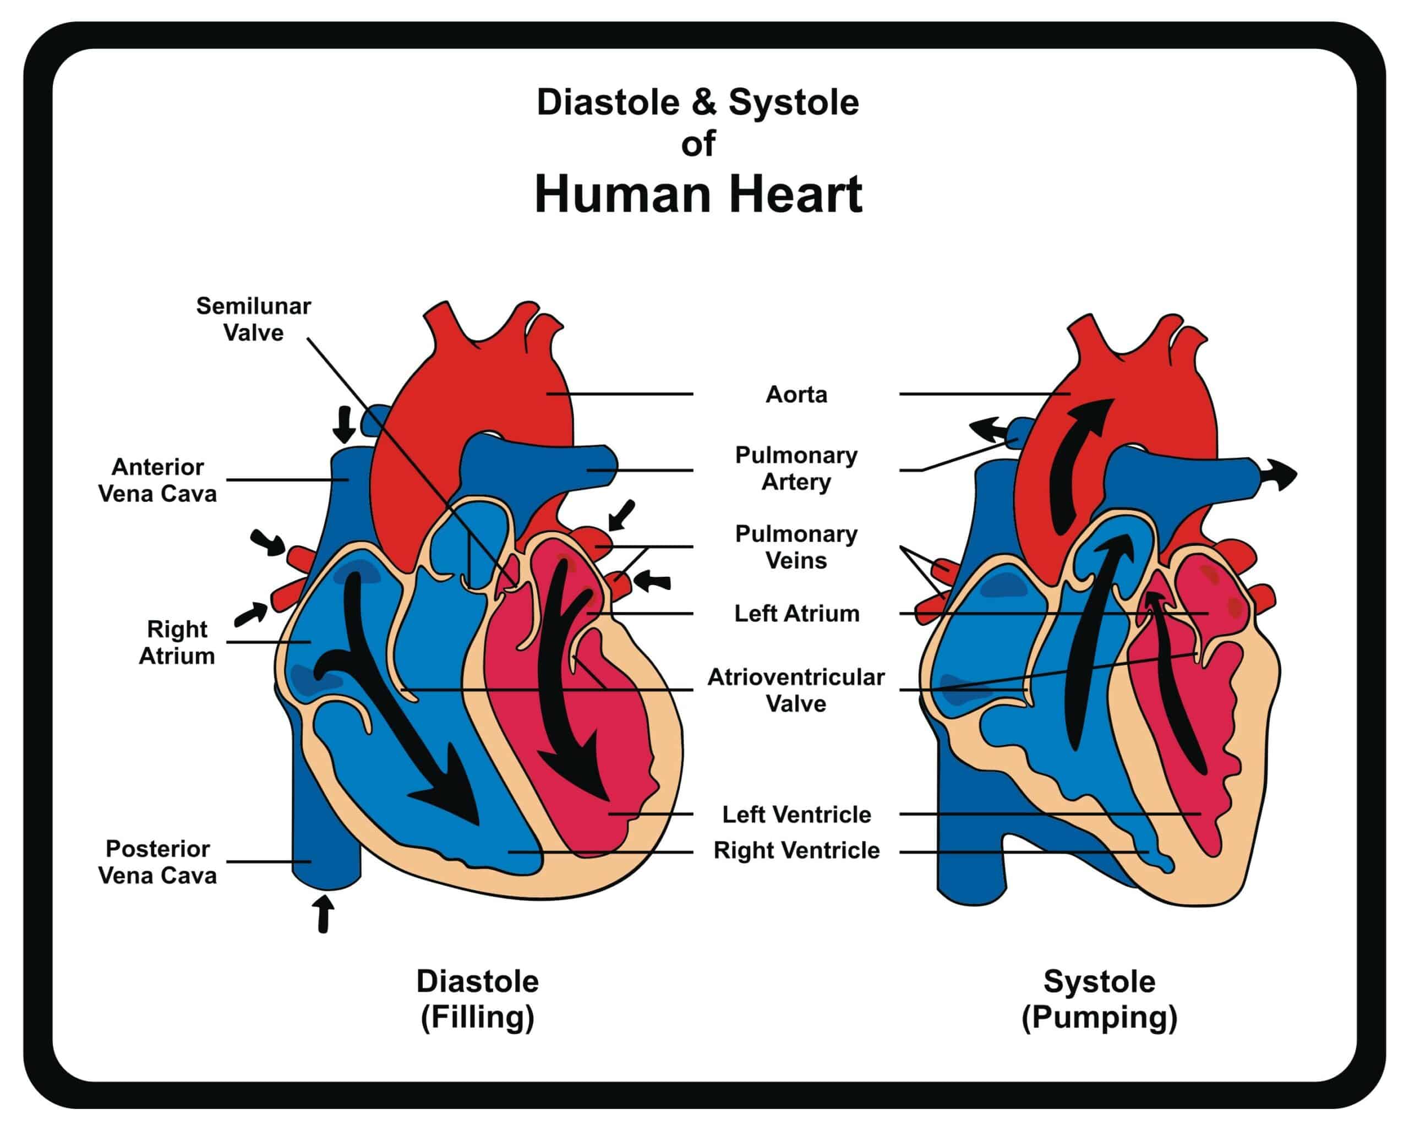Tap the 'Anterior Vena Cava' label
157,480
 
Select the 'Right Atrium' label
177,642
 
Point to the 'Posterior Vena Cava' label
157,862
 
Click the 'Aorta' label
796,395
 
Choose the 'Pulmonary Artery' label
796,468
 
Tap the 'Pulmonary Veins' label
796,547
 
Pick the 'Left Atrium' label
796,614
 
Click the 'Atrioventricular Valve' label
796,690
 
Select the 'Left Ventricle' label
796,815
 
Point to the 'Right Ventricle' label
796,851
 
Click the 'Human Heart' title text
698,194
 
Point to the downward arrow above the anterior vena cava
344,423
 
